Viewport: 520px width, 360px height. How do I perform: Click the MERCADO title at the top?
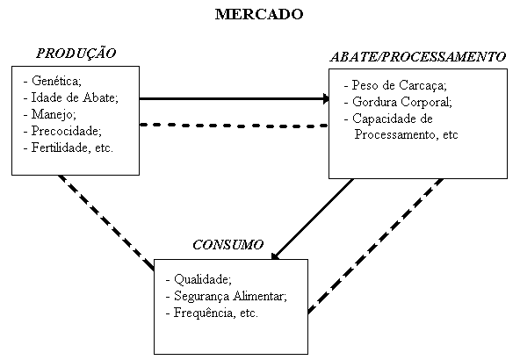tap(259, 14)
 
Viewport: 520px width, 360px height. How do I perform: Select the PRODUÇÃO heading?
tap(76, 54)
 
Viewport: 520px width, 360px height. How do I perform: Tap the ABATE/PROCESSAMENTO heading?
tap(418, 57)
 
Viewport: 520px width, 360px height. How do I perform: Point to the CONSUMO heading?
tap(227, 245)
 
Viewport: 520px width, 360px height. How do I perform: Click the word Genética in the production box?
tap(56, 80)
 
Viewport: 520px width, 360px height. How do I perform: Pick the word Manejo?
tap(54, 114)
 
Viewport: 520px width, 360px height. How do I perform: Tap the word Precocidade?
tap(67, 131)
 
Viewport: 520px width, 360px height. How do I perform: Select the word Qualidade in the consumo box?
tap(203, 279)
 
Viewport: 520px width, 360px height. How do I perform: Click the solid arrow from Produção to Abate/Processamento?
tap(235, 98)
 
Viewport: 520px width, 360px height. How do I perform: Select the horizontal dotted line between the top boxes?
tap(234, 126)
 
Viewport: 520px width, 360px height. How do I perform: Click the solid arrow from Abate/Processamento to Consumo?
tap(312, 220)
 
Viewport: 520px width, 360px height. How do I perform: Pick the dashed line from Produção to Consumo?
tap(106, 223)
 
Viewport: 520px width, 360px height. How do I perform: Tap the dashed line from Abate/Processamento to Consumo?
tap(375, 246)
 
